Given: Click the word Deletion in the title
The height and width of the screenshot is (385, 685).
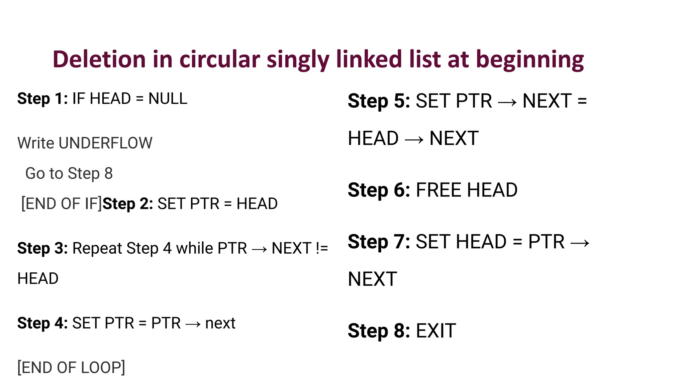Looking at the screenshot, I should [x=99, y=59].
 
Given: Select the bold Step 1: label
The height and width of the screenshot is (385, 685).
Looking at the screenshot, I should [x=42, y=99].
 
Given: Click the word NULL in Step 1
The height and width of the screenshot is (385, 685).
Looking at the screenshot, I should [x=168, y=99].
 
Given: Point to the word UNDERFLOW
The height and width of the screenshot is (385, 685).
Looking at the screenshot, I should [x=105, y=143].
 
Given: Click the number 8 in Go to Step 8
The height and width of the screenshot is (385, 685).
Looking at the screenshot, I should [x=108, y=173].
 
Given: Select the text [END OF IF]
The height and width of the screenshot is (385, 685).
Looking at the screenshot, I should [x=62, y=204].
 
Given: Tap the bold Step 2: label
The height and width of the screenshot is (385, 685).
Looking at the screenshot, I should [x=128, y=204].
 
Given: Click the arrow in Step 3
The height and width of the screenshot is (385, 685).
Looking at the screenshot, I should [x=259, y=249].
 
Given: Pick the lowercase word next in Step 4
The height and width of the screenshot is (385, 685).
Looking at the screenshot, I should [x=220, y=323].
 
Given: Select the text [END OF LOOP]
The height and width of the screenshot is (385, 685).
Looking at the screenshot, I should [x=71, y=368].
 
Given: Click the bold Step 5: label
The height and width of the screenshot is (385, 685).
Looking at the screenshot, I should [x=379, y=101].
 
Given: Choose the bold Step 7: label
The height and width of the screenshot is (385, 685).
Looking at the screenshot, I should [x=379, y=242].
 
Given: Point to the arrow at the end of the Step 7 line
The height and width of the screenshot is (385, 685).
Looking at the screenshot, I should [x=580, y=243].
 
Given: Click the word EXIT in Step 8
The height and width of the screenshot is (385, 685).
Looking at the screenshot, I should [x=435, y=331].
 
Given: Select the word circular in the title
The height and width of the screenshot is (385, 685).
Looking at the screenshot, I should [x=219, y=59].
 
